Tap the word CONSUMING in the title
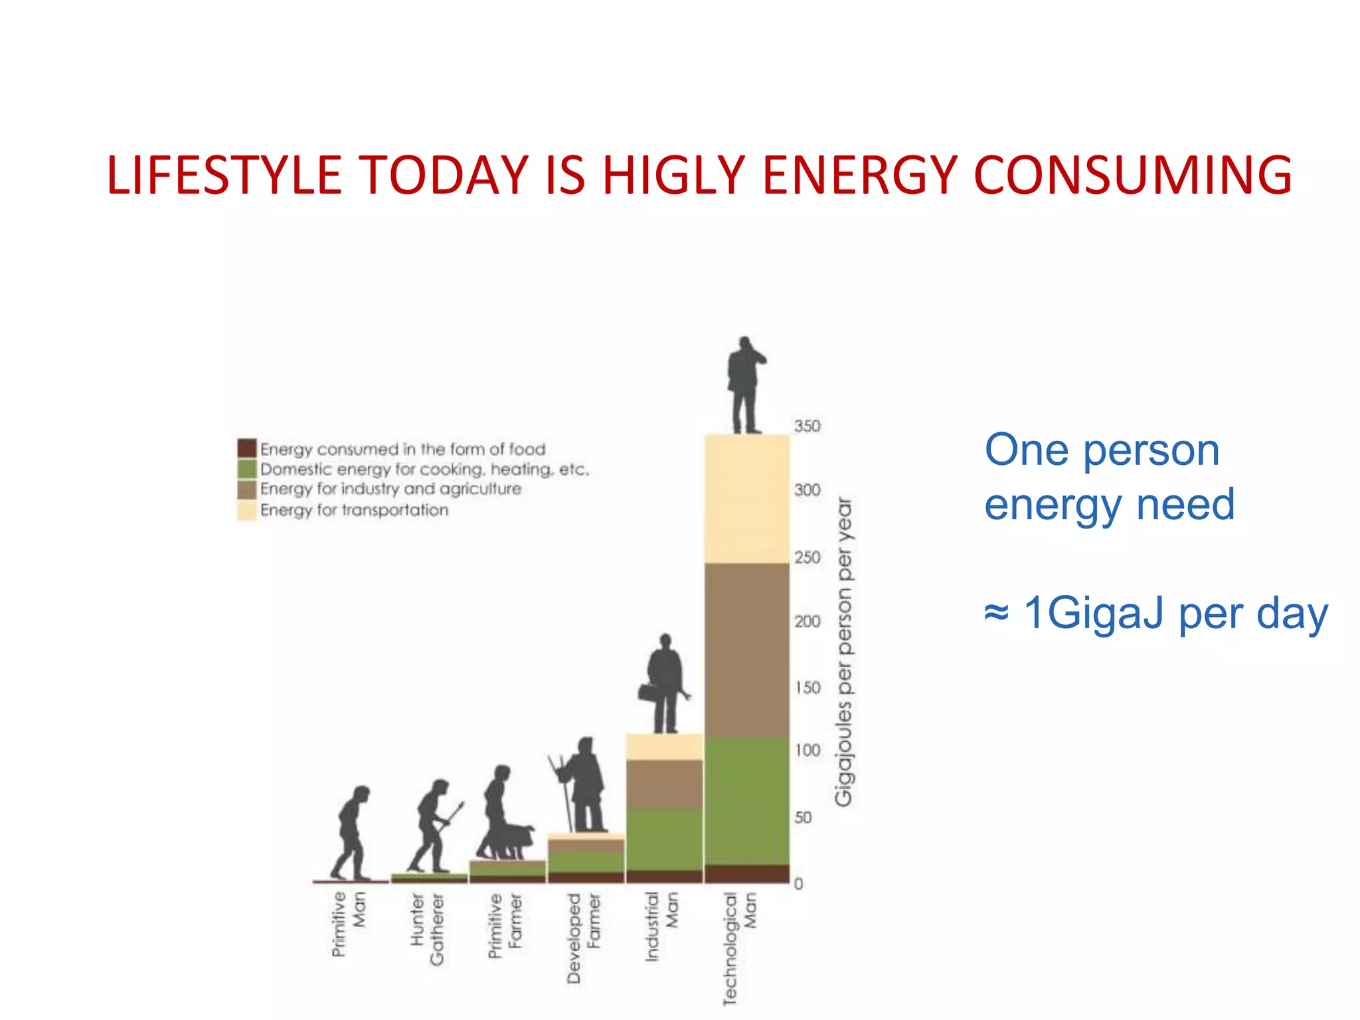click(x=1132, y=175)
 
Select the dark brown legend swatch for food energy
click(x=246, y=448)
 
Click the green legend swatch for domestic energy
click(x=246, y=468)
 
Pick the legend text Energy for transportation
click(x=354, y=510)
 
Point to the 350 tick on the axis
click(x=807, y=426)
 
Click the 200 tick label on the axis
click(x=807, y=622)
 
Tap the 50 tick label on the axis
click(x=803, y=817)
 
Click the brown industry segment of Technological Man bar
click(x=746, y=651)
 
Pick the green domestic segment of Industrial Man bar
click(x=664, y=839)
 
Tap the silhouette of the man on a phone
click(x=745, y=385)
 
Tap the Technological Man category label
click(x=739, y=946)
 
